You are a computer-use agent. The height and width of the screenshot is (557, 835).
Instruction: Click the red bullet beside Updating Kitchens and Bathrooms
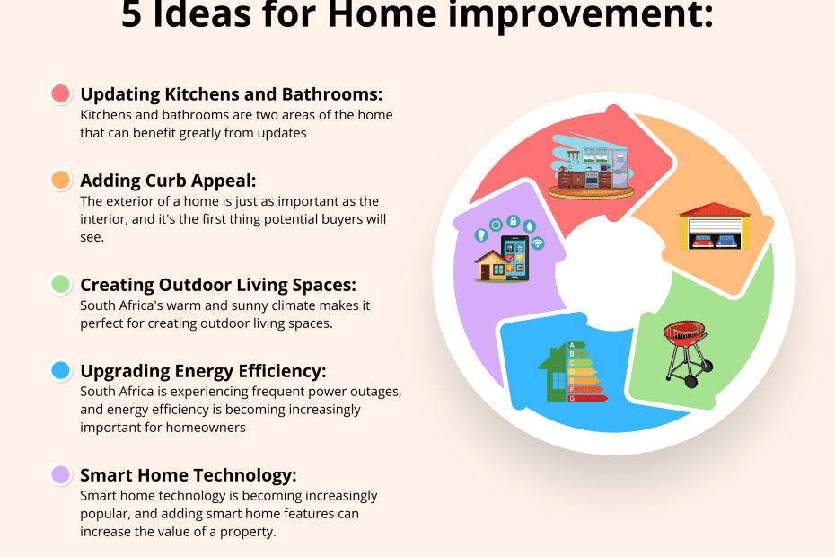[x=61, y=93]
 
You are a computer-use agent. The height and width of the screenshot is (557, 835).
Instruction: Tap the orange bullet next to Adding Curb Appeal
[x=61, y=180]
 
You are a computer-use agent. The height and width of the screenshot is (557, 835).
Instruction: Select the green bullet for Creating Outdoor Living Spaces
[x=61, y=284]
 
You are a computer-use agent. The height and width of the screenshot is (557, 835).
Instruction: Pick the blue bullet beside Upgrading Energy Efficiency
[x=61, y=370]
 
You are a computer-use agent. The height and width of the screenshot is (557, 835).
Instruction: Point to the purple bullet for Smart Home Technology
[x=61, y=474]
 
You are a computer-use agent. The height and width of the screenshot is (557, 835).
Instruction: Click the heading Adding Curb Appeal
[x=168, y=181]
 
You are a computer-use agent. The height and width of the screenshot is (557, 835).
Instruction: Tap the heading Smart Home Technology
[x=189, y=475]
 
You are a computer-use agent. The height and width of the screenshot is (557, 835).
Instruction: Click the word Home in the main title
[x=382, y=13]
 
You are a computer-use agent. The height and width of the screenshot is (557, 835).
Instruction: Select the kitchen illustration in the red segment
[x=592, y=166]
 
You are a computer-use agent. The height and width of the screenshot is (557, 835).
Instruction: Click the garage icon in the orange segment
[x=715, y=226]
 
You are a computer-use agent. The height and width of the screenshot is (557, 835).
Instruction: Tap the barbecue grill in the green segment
[x=687, y=353]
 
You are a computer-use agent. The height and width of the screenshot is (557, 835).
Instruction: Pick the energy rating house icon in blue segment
[x=573, y=372]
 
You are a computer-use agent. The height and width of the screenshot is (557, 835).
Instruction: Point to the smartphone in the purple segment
[x=515, y=259]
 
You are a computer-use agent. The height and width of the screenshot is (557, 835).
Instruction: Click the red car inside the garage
[x=701, y=242]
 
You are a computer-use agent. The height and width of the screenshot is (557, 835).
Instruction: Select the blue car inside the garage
[x=727, y=242]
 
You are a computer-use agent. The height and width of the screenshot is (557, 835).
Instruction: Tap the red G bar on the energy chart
[x=587, y=398]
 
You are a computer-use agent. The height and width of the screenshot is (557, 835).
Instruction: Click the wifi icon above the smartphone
[x=537, y=243]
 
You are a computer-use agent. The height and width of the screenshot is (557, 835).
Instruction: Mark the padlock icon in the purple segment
[x=513, y=221]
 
